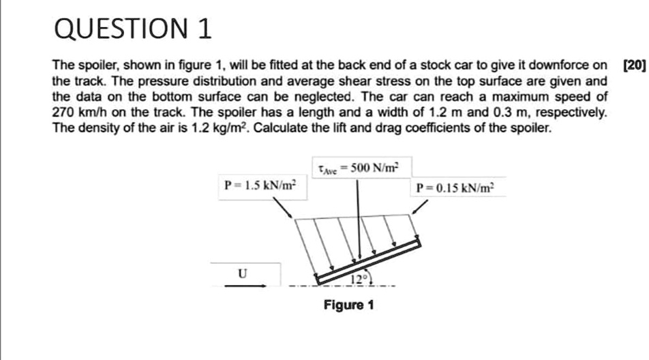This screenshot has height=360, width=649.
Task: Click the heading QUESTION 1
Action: coord(132,29)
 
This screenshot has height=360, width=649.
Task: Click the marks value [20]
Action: coord(633,65)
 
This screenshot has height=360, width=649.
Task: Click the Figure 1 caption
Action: coord(348,305)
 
